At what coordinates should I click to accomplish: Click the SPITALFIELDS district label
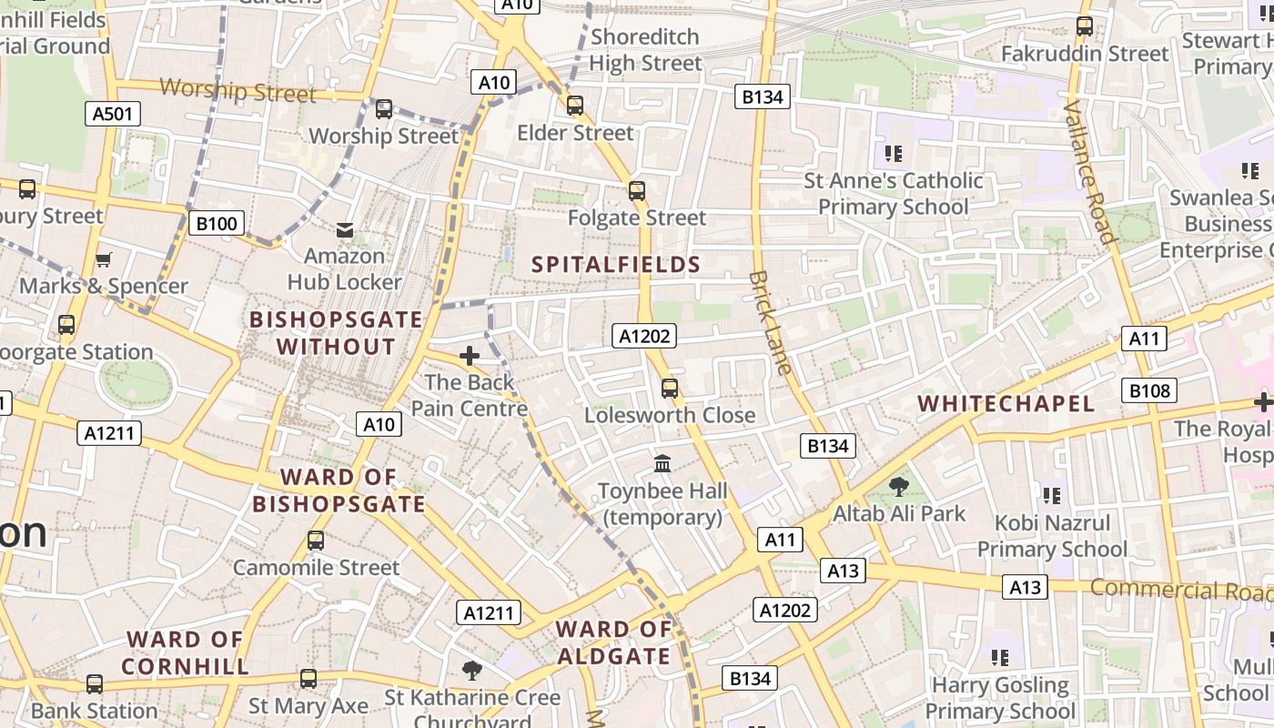pyautogui.click(x=616, y=265)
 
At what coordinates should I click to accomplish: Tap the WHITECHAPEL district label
pyautogui.click(x=1006, y=404)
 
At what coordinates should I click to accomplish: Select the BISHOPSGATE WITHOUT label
pyautogui.click(x=337, y=333)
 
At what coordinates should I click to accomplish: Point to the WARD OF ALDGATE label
pyautogui.click(x=613, y=642)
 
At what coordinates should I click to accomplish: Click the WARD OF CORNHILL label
pyautogui.click(x=185, y=653)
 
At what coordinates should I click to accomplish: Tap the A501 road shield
pyautogui.click(x=113, y=114)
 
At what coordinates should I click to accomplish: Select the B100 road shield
pyautogui.click(x=217, y=223)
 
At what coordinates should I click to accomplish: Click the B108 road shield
pyautogui.click(x=1149, y=391)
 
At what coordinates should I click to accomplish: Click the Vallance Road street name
pyautogui.click(x=1089, y=173)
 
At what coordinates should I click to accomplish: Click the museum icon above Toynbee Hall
pyautogui.click(x=662, y=463)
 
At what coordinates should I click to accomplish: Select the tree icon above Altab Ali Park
pyautogui.click(x=899, y=486)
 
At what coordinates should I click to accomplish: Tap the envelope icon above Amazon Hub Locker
pyautogui.click(x=345, y=230)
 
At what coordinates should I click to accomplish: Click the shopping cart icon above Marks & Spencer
pyautogui.click(x=104, y=260)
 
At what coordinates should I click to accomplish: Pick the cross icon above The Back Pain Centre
pyautogui.click(x=470, y=356)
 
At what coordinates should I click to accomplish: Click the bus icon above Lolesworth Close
pyautogui.click(x=670, y=389)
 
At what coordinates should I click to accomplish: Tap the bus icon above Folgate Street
pyautogui.click(x=637, y=191)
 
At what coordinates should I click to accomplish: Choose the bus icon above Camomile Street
pyautogui.click(x=316, y=541)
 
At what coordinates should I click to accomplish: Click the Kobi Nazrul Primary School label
pyautogui.click(x=1052, y=536)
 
